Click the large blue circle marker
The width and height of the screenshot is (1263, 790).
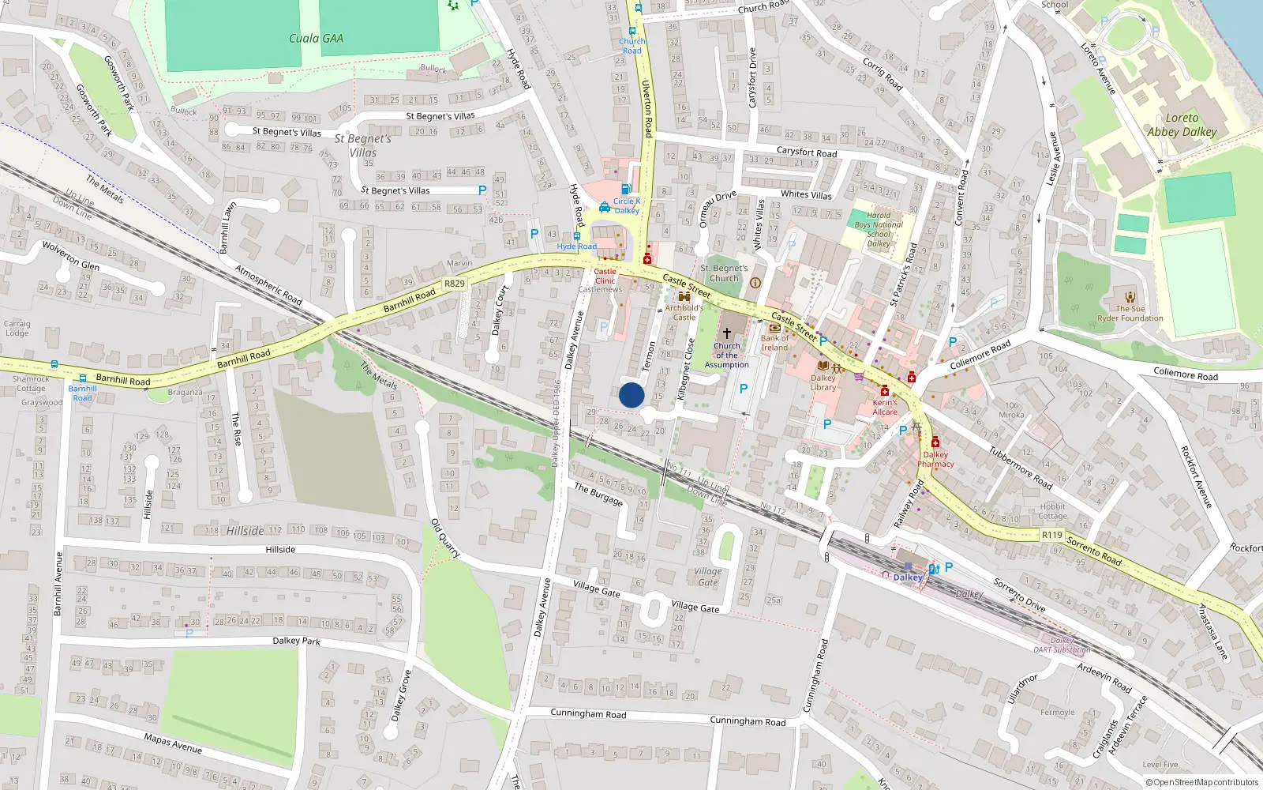(631, 395)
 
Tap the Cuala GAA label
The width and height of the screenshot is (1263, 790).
(316, 38)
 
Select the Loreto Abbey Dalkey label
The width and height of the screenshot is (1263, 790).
(1182, 125)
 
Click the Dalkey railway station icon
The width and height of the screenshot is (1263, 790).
(908, 566)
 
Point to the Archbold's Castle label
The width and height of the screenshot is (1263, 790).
(684, 312)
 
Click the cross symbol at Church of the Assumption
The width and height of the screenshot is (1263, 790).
(727, 333)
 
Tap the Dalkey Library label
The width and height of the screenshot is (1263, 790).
(823, 382)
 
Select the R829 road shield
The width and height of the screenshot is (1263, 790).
(455, 283)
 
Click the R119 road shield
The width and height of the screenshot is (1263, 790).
(1052, 535)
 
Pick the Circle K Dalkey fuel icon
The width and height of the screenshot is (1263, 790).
(626, 189)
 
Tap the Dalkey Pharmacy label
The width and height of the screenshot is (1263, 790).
(935, 459)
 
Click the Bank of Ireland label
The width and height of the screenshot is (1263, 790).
(774, 343)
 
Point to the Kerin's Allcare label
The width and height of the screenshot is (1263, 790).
(885, 407)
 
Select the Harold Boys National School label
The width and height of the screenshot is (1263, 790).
(879, 229)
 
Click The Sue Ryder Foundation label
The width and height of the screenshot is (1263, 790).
(1130, 314)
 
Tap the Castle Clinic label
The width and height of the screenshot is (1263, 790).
(605, 276)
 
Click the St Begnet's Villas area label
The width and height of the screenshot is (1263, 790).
(362, 145)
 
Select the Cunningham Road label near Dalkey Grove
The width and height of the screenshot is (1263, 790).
(588, 714)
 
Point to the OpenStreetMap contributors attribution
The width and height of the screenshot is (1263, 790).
(1201, 782)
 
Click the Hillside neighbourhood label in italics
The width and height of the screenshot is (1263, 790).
(245, 531)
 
